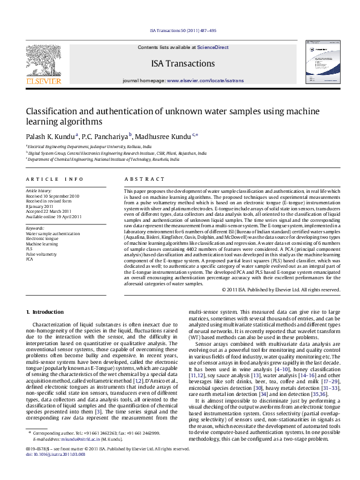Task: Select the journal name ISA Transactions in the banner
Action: tap(183, 63)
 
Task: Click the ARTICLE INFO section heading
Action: tap(54, 180)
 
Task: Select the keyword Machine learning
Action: tap(41, 244)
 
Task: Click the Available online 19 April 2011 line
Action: tap(53, 216)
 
